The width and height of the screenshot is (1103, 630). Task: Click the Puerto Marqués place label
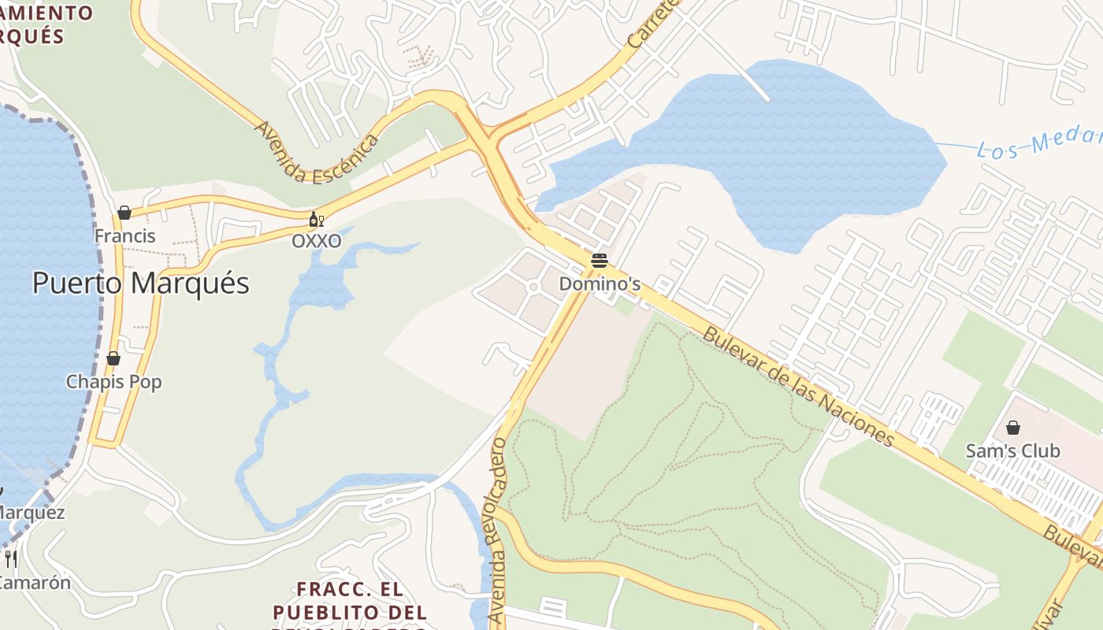[x=140, y=283]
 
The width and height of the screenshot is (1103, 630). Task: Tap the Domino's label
[x=600, y=283]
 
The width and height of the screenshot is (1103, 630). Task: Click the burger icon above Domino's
[x=600, y=261]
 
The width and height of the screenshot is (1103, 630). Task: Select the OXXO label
[x=317, y=242]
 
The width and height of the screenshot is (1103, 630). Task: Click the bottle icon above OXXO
[x=316, y=219]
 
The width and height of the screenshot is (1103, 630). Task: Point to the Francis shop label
[x=124, y=235]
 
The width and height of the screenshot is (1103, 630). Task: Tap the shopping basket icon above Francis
[x=124, y=213]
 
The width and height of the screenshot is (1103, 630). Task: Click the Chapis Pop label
[x=113, y=382]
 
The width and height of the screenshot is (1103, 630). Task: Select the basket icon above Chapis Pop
[x=113, y=358]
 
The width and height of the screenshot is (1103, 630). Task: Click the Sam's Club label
[x=1013, y=451]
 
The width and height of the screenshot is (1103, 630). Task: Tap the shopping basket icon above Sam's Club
[x=1013, y=428]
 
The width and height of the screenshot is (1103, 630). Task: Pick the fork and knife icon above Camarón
[x=11, y=558]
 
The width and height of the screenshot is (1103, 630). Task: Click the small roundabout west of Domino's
[x=533, y=287]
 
